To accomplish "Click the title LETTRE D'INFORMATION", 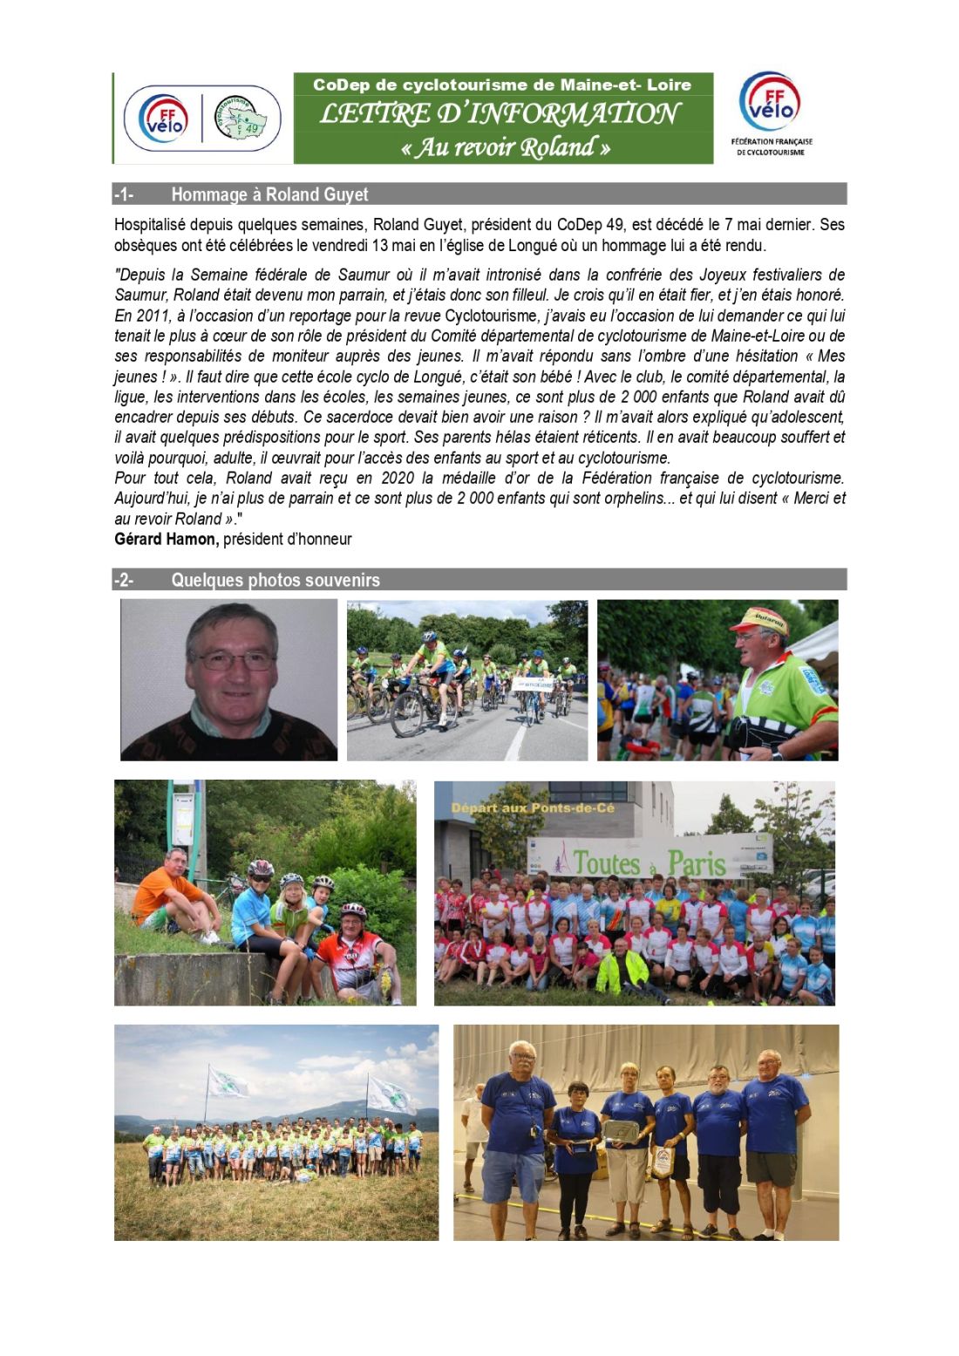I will click(500, 113).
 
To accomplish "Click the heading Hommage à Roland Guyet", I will click(269, 194).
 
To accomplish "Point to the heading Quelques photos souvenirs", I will click(275, 580).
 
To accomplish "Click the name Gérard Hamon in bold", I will click(166, 539).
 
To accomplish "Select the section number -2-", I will click(124, 580).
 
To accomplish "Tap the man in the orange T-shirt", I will click(171, 894).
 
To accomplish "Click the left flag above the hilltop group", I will click(227, 1083).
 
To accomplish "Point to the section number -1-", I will click(124, 194).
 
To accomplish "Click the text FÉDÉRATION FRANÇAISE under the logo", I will click(771, 141).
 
